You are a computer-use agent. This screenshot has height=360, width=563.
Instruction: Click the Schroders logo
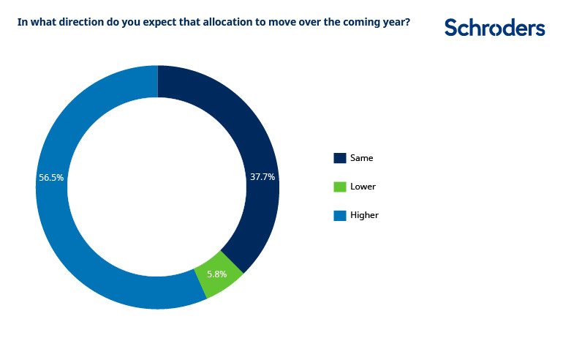click(494, 28)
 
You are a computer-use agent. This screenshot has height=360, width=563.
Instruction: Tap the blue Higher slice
click(73, 241)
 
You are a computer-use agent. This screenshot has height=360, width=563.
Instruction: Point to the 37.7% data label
click(262, 176)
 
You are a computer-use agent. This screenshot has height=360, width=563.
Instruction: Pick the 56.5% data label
click(51, 177)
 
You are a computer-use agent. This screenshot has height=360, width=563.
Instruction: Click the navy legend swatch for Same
click(339, 158)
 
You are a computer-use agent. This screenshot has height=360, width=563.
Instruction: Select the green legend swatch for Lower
click(339, 187)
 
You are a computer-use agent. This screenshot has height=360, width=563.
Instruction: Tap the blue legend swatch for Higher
click(339, 215)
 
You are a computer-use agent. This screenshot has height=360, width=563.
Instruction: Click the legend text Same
click(362, 158)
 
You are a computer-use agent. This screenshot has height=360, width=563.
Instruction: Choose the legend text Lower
click(363, 187)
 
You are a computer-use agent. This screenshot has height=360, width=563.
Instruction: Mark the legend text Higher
click(364, 215)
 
